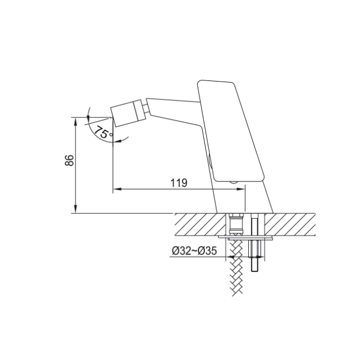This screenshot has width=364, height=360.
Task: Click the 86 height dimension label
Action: (x=69, y=160)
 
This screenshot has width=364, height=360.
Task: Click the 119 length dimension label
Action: (x=179, y=182)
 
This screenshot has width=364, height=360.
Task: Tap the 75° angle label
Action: (x=104, y=133)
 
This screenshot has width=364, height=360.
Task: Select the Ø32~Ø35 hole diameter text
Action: (x=194, y=251)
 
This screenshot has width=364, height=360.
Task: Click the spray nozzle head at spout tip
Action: (x=127, y=113)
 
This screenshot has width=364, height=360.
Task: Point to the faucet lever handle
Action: (x=230, y=131)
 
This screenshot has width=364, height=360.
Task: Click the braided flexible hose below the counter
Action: (x=236, y=267)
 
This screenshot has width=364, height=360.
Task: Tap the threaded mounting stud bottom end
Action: (x=255, y=270)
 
